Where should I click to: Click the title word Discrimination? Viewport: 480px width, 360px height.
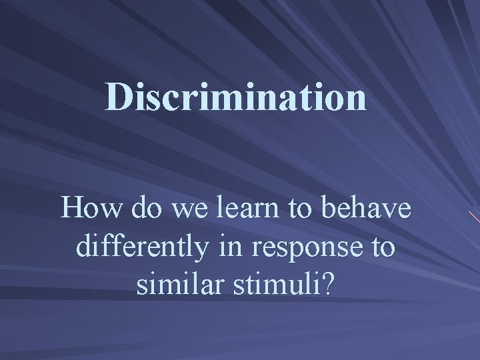pyautogui.click(x=236, y=97)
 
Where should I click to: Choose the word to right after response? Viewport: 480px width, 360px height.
pyautogui.click(x=383, y=248)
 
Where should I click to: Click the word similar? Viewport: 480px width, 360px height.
pyautogui.click(x=175, y=285)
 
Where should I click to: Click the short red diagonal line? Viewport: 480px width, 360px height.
pyautogui.click(x=473, y=217)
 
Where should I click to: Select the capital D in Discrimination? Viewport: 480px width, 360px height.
pyautogui.click(x=118, y=98)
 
